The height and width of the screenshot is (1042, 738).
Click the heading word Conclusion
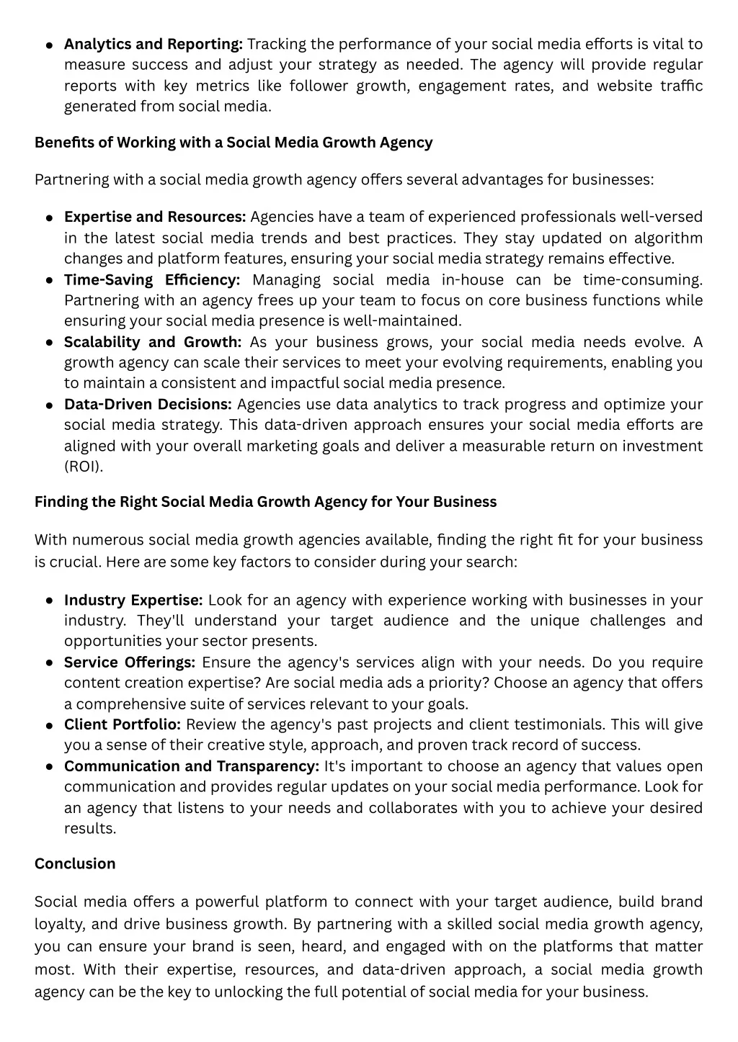(75, 863)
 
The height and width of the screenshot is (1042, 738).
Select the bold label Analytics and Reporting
(154, 44)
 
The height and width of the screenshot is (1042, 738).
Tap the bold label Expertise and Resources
(155, 217)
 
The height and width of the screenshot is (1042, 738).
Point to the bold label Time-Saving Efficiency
(152, 279)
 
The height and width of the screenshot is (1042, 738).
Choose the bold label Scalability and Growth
(153, 342)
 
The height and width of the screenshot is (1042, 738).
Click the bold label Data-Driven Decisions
(148, 404)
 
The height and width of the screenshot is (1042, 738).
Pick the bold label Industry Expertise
(133, 600)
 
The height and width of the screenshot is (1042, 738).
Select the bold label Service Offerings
(130, 662)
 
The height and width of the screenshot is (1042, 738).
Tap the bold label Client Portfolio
(123, 724)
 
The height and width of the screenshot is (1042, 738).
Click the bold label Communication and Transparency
(192, 766)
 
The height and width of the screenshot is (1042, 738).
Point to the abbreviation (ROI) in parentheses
(84, 466)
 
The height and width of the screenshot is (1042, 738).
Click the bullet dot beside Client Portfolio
(49, 726)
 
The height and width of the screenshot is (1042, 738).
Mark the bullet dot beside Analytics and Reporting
(49, 45)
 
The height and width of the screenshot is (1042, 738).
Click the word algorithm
(668, 238)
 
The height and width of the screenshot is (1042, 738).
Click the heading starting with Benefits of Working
(234, 142)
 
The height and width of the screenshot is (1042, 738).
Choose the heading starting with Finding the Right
(265, 501)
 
